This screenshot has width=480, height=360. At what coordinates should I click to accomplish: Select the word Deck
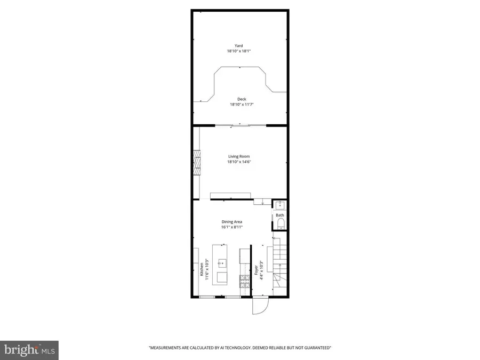coord(242,99)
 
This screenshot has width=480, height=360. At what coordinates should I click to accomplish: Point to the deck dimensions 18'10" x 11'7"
coord(242,105)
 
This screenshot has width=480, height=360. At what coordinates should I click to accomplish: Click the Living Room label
coord(239,156)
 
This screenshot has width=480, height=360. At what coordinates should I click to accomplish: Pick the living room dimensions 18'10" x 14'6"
coord(239,162)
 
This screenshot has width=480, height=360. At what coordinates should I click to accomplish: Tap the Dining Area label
coord(233,222)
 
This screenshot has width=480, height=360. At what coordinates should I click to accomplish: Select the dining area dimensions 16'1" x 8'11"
coord(233,227)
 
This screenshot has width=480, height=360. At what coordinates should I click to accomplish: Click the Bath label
coord(280,215)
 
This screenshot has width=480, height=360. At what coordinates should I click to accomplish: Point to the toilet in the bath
coord(280,223)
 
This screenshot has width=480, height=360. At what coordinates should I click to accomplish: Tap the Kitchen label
coord(201,269)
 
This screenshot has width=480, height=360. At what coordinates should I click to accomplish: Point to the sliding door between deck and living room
coord(240,125)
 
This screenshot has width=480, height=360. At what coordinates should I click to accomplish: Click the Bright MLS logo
coord(29,350)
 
